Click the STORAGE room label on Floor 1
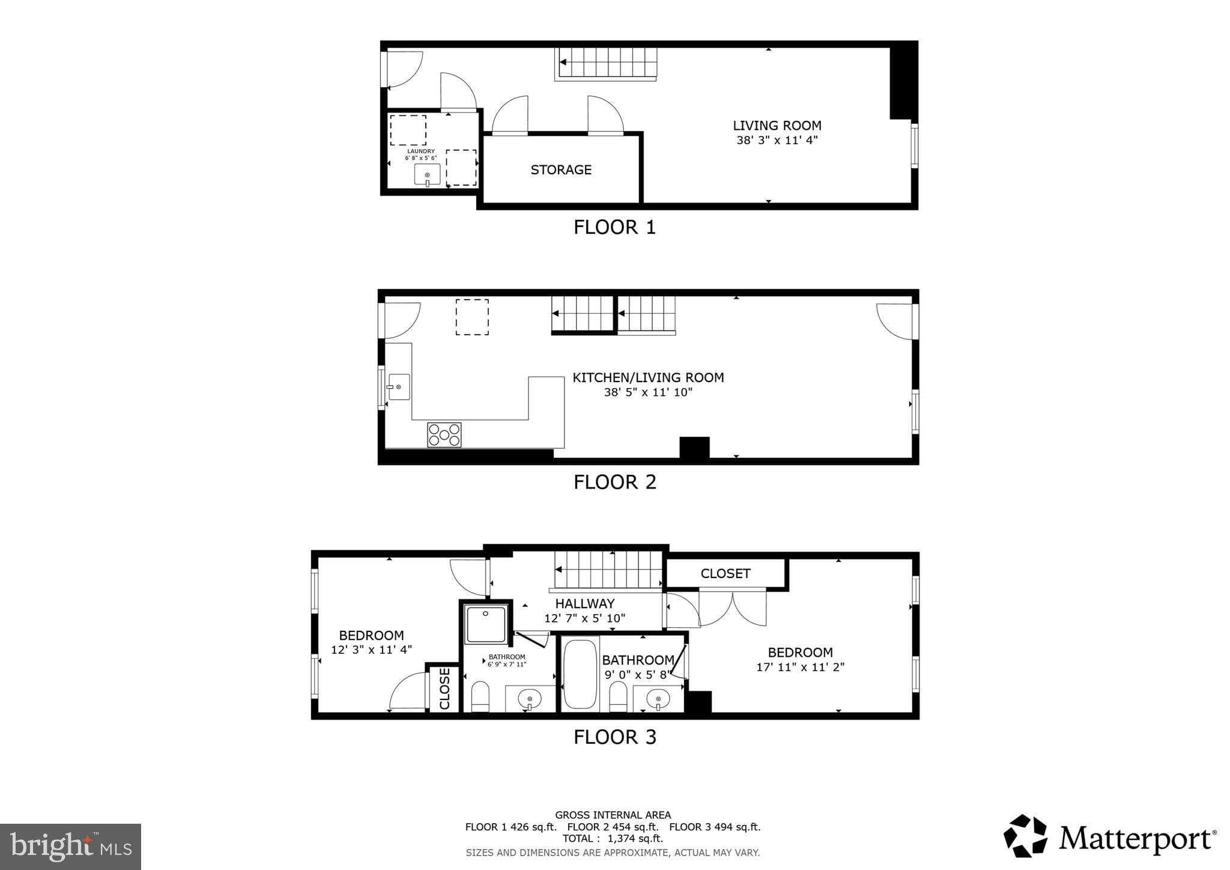(561, 170)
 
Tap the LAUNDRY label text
(421, 151)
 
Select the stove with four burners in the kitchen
(444, 435)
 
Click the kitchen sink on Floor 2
(399, 386)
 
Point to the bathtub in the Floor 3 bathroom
(580, 674)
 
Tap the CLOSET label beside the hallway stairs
(726, 574)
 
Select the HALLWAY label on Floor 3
(584, 604)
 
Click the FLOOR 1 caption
(614, 227)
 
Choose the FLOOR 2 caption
(614, 482)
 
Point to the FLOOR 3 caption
(614, 737)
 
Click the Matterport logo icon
(1025, 836)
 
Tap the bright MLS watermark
(71, 847)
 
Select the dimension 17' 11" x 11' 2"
(800, 667)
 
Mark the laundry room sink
(427, 175)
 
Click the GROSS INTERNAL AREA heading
(613, 815)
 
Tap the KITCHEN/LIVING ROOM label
(648, 378)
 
